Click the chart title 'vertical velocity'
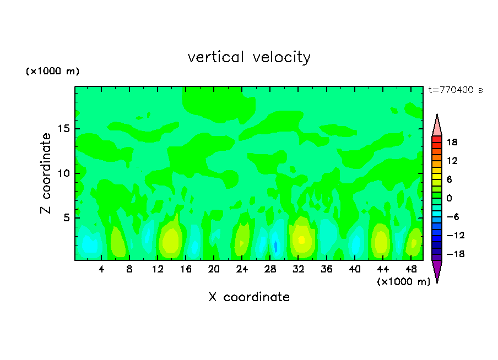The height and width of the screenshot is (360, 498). click(249, 57)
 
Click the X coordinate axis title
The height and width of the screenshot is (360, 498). click(249, 297)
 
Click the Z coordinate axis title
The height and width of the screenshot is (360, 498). click(46, 173)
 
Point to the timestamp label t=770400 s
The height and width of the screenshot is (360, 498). click(455, 90)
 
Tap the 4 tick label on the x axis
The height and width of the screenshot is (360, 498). click(101, 270)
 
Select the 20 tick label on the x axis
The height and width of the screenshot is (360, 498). click(214, 270)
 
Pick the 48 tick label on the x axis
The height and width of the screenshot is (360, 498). click(411, 270)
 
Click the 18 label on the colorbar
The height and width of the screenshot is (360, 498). click(452, 142)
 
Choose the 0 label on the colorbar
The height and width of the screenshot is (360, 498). click(448, 198)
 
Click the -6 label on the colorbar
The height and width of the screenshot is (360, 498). click(452, 217)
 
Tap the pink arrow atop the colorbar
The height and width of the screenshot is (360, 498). click(437, 126)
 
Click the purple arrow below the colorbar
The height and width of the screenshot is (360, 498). click(437, 270)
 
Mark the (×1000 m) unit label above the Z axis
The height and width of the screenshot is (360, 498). click(53, 72)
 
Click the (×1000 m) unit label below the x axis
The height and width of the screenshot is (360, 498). click(404, 282)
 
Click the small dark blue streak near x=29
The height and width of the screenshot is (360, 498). click(275, 246)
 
